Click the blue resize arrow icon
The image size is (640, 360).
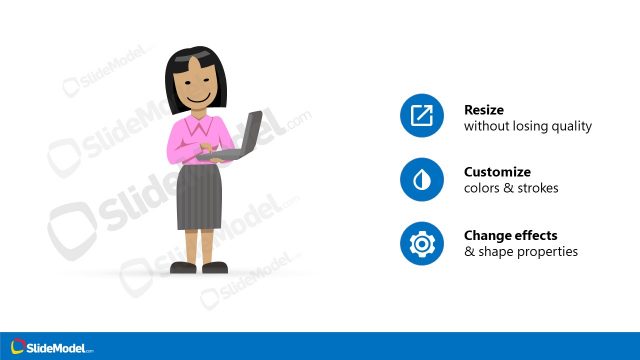coord(421,117)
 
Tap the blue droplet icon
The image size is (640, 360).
coord(421,180)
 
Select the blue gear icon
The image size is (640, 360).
coord(421,243)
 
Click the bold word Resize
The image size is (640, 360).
coord(484,110)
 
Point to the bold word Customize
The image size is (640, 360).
coord(497,172)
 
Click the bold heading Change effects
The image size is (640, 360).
coord(511,235)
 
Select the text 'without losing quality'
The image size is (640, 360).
coord(527,127)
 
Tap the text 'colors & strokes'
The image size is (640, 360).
coord(511,188)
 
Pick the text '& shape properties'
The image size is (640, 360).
coord(520,251)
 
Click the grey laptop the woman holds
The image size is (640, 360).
coord(244,135)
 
